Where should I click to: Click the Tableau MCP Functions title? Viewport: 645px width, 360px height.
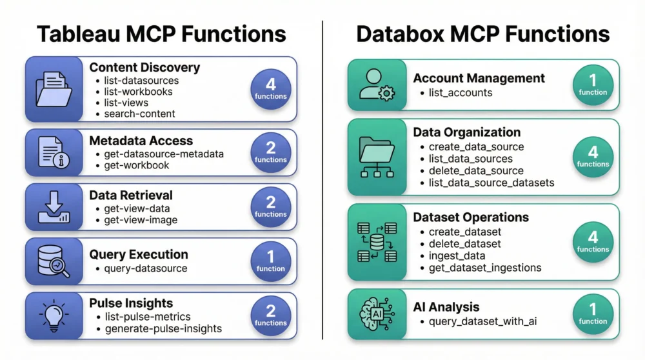pyautogui.click(x=161, y=34)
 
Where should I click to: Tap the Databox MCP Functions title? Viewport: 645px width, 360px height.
pyautogui.click(x=482, y=34)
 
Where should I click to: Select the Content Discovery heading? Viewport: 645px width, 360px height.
pyautogui.click(x=144, y=67)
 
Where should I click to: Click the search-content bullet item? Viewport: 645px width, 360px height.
pyautogui.click(x=139, y=114)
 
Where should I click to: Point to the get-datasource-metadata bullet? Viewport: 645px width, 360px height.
pyautogui.click(x=164, y=154)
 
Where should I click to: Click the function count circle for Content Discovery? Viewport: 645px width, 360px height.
pyautogui.click(x=270, y=89)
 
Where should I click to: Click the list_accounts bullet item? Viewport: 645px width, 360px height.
pyautogui.click(x=461, y=92)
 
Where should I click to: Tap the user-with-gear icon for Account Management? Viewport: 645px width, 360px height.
pyautogui.click(x=377, y=85)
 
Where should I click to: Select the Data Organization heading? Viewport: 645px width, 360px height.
pyautogui.click(x=466, y=132)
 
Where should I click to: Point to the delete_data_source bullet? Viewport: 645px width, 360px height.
pyautogui.click(x=476, y=171)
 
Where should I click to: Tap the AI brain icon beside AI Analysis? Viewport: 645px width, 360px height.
pyautogui.click(x=377, y=314)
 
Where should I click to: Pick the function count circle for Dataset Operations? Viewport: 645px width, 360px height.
pyautogui.click(x=593, y=242)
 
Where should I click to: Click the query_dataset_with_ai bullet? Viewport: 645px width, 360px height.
pyautogui.click(x=483, y=322)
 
